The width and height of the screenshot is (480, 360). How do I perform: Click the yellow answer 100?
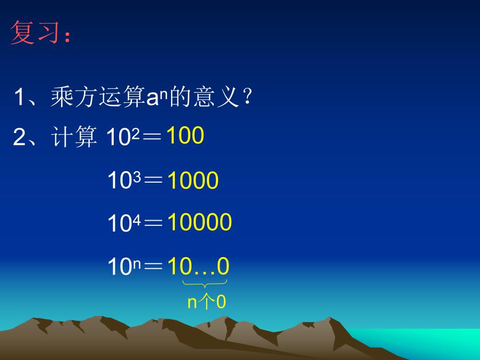(185, 136)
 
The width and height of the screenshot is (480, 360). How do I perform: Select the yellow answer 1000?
(193, 181)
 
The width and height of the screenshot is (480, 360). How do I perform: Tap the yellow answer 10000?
(199, 223)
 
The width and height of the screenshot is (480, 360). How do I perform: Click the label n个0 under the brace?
(206, 303)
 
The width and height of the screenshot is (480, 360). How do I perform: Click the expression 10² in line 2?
(121, 137)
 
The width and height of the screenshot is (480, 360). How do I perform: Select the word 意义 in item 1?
(212, 98)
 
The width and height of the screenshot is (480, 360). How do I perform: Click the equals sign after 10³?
(153, 181)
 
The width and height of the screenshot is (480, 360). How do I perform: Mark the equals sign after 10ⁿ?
(153, 268)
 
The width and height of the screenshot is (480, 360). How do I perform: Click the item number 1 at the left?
(20, 98)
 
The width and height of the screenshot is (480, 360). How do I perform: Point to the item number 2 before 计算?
(20, 137)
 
